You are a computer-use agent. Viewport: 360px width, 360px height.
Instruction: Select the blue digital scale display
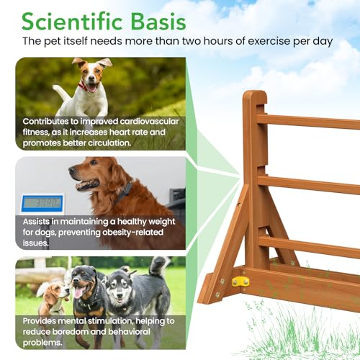point(42,202)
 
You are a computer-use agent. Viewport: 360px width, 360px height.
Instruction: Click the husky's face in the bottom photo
point(119,287)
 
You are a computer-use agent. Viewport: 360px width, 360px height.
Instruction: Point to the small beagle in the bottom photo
point(50,294)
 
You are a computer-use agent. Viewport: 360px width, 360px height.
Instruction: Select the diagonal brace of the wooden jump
point(223,241)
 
